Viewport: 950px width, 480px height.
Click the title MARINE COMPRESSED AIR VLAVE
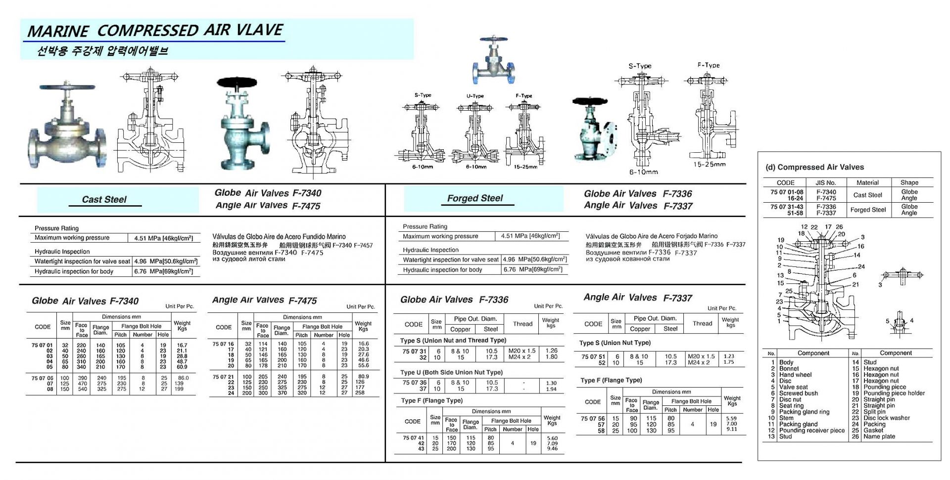(155, 31)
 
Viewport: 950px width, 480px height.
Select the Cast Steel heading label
(104, 200)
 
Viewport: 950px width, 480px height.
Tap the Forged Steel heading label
(475, 198)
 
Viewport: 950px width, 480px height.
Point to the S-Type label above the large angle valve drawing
(640, 66)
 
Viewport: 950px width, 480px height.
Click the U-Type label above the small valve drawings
(475, 96)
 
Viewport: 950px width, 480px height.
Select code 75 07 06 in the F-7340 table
(42, 378)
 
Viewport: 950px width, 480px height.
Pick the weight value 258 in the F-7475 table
(360, 393)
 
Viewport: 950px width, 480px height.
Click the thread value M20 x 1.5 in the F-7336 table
(522, 351)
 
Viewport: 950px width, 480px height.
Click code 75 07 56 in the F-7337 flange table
(592, 419)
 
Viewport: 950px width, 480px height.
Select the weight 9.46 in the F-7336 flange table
(552, 449)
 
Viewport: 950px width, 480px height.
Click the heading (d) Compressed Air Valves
(814, 167)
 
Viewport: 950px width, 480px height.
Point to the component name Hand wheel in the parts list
(795, 375)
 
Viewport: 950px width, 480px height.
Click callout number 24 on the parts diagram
(861, 266)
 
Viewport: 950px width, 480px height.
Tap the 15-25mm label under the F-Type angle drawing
(709, 165)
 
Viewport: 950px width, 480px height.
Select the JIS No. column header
(826, 182)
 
